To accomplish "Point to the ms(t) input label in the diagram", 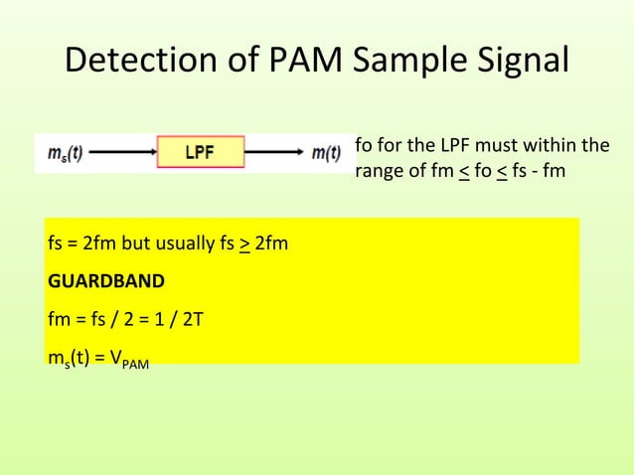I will pos(66,153).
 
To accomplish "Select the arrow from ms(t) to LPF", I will pos(123,153).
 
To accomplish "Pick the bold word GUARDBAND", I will pos(105,281).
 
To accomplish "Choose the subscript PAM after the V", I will pos(136,365).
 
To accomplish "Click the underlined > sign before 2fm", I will pos(244,242).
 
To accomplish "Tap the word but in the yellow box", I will pos(132,242).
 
